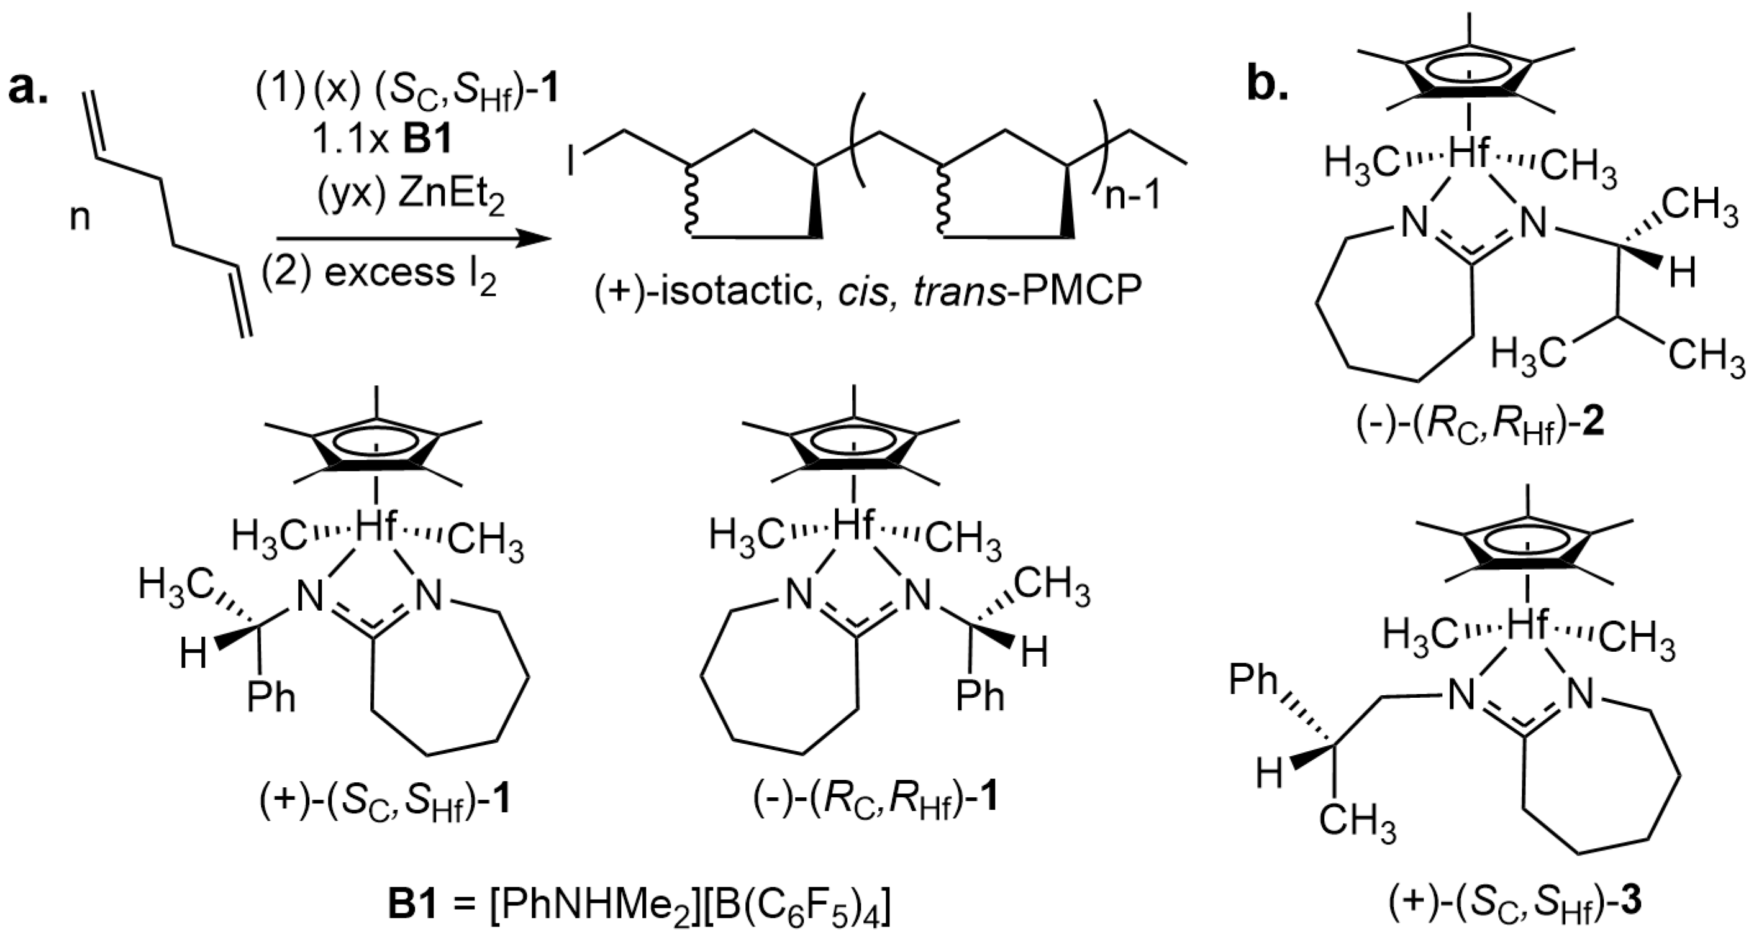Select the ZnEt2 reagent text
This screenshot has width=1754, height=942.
point(411,197)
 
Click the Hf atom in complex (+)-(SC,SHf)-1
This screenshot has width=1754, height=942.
point(376,528)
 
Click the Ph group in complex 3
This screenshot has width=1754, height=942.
point(1253,680)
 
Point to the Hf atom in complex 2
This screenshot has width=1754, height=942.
point(1470,156)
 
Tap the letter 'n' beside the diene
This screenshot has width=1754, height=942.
point(80,219)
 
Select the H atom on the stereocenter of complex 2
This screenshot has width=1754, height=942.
point(1683,274)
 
